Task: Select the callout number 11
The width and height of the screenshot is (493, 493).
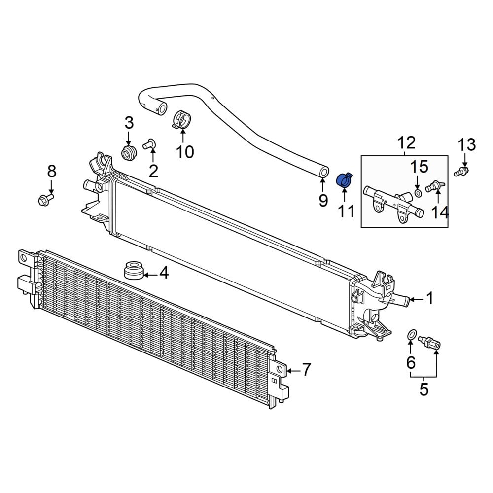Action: (x=346, y=211)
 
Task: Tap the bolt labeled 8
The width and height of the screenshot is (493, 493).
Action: (x=45, y=199)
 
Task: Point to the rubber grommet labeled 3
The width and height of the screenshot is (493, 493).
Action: (x=129, y=153)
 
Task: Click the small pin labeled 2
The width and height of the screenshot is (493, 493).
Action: (x=150, y=144)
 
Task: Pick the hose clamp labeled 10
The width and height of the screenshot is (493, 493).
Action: (x=182, y=120)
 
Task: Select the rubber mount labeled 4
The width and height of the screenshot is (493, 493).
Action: (x=134, y=270)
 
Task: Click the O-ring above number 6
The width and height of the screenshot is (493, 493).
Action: (x=412, y=335)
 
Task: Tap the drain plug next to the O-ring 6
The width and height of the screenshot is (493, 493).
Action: (x=429, y=343)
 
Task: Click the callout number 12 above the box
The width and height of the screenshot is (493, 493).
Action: (x=407, y=143)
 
